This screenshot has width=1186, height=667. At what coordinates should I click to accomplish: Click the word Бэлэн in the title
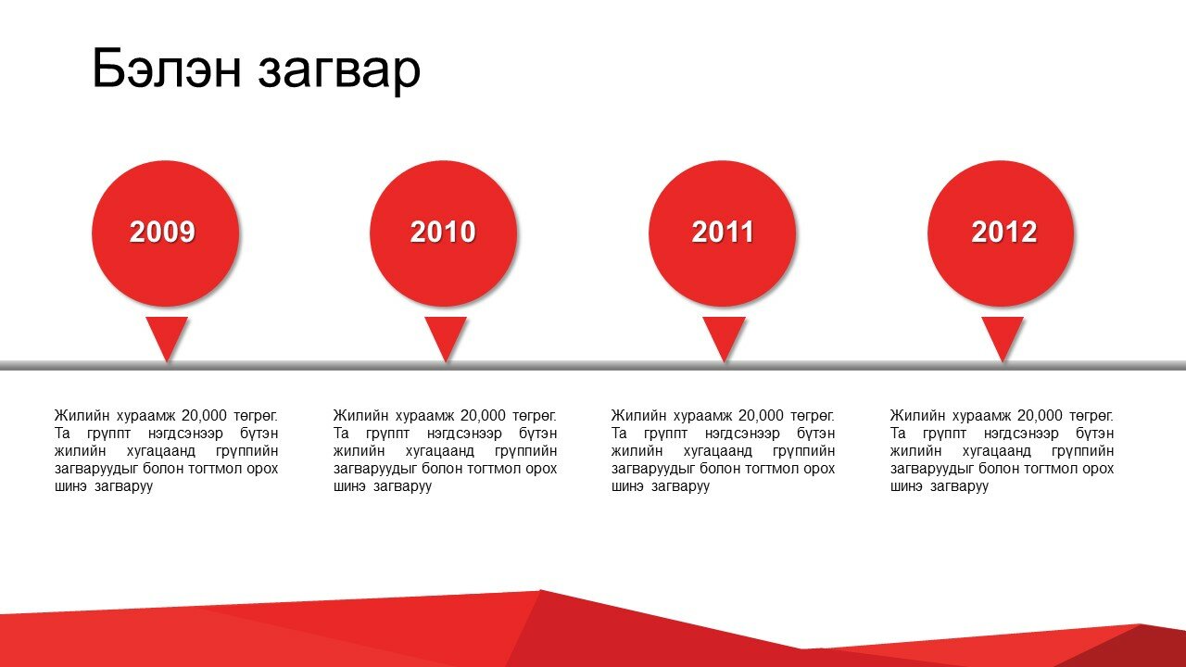click(167, 68)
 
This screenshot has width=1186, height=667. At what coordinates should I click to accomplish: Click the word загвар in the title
click(339, 73)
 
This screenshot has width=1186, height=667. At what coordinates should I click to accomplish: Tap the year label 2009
click(162, 232)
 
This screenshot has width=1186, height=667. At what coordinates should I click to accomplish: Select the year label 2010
click(443, 232)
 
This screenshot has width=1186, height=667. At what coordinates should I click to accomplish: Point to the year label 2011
click(722, 232)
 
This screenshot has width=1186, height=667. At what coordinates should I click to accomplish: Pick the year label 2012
click(1003, 232)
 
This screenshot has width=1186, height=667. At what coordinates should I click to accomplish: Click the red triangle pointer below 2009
click(167, 339)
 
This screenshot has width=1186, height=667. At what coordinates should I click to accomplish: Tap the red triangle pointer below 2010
click(446, 339)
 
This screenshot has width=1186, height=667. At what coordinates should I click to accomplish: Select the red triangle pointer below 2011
click(725, 339)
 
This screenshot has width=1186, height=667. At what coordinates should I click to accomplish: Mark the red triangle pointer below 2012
click(1003, 339)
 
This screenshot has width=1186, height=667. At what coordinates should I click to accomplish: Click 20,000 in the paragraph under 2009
click(204, 416)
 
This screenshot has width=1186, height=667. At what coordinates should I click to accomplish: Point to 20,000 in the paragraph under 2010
click(483, 416)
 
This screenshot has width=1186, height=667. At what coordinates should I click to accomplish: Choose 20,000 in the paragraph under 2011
click(761, 416)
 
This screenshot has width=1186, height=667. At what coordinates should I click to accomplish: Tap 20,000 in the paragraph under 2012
click(1040, 416)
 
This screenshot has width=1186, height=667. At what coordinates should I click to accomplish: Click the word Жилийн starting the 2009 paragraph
click(81, 416)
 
